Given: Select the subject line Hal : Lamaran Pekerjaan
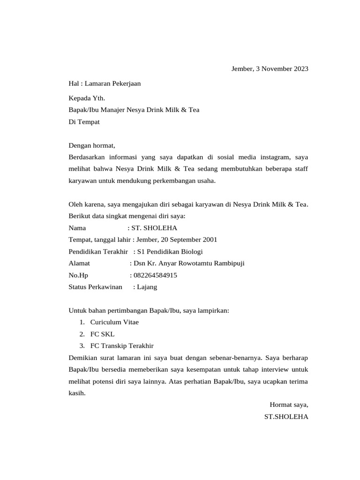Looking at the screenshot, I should pyautogui.click(x=105, y=83).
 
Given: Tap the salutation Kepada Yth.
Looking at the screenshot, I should pyautogui.click(x=87, y=98).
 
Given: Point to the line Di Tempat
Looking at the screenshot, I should pyautogui.click(x=84, y=122).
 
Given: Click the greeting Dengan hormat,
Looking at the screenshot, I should pyautogui.click(x=91, y=145).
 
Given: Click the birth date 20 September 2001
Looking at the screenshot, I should pyautogui.click(x=189, y=240).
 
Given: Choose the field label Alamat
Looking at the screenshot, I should pyautogui.click(x=79, y=263).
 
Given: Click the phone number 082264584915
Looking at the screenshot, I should pyautogui.click(x=155, y=275).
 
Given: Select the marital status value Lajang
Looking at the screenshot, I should pyautogui.click(x=147, y=287).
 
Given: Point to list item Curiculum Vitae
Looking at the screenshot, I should pyautogui.click(x=114, y=322).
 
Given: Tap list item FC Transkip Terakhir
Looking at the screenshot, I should pyautogui.click(x=122, y=346).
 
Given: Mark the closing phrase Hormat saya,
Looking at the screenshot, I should pyautogui.click(x=289, y=405).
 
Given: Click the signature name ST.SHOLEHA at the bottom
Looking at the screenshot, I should pyautogui.click(x=286, y=416).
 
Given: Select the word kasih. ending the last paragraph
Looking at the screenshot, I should pyautogui.click(x=77, y=393).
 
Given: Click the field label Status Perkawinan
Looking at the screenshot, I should pyautogui.click(x=95, y=287).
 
